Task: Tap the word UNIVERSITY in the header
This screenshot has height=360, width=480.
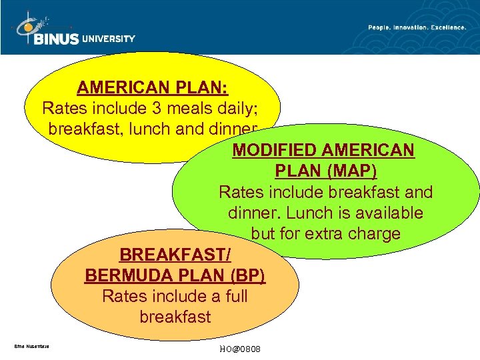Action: pos(109,39)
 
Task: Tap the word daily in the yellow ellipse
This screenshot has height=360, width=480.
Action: pos(251,107)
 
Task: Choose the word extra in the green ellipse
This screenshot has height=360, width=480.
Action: pos(329,234)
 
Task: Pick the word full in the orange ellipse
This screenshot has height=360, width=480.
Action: pos(234,296)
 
